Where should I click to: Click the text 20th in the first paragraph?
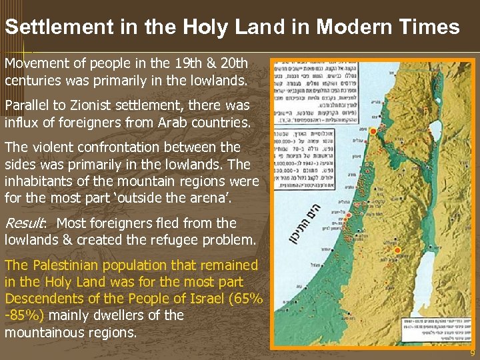(233, 64)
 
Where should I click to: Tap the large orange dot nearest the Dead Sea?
(398, 251)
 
